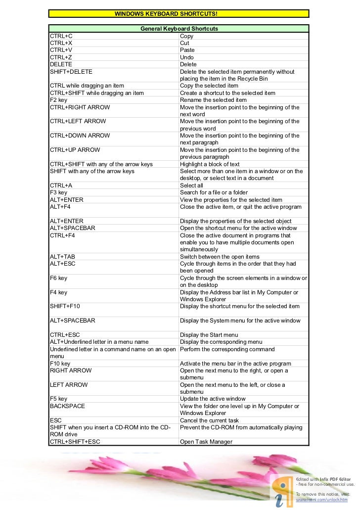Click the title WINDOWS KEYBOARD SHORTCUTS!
coord(166,14)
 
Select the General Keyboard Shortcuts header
coord(179,29)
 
